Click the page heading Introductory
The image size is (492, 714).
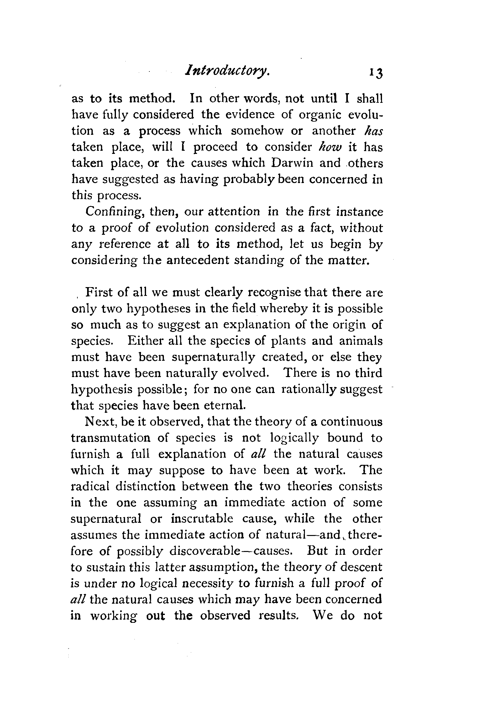click(227, 76)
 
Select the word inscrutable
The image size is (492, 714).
click(202, 519)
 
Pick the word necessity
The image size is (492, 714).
click(208, 583)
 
